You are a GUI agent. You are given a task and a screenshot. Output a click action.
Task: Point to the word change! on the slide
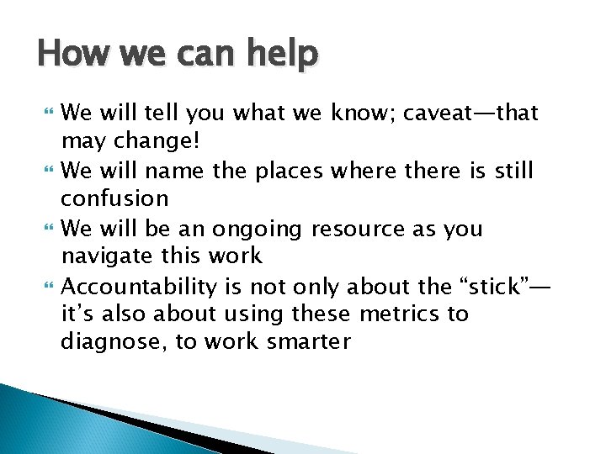[164, 141]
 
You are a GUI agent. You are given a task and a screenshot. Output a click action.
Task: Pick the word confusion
[114, 199]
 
